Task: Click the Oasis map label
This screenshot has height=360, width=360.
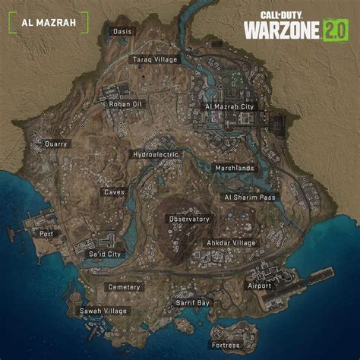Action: point(122,31)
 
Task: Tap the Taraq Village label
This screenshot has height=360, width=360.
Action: point(154,59)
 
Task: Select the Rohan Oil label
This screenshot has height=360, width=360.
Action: point(104,105)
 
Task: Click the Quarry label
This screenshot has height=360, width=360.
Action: point(56,144)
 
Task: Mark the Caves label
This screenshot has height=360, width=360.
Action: point(115,192)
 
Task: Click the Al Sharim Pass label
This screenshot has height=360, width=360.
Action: point(248,196)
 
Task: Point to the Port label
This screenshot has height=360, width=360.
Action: point(47,234)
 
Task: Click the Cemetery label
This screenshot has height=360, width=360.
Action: point(124,287)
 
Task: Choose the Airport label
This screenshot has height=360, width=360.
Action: point(259,286)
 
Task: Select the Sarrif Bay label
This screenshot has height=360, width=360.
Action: point(193,302)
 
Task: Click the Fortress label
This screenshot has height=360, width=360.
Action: point(226,345)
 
